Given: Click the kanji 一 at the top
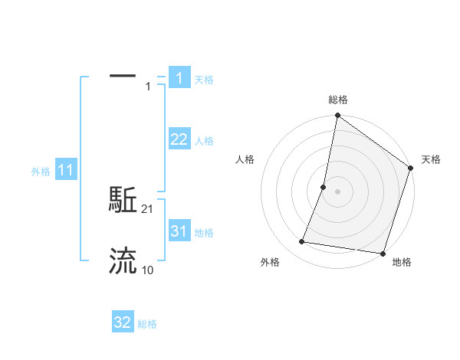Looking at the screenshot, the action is pyautogui.click(x=123, y=76).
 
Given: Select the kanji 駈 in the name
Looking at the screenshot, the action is pyautogui.click(x=123, y=201).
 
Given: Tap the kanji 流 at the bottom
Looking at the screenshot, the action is pyautogui.click(x=123, y=260).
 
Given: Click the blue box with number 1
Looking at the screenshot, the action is pyautogui.click(x=179, y=78).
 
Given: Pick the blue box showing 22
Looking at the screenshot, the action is pyautogui.click(x=179, y=139).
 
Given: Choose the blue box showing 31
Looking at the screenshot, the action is pyautogui.click(x=179, y=231).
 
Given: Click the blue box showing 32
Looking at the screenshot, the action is pyautogui.click(x=123, y=322).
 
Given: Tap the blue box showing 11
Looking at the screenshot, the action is pyautogui.click(x=65, y=170).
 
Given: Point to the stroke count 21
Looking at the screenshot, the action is pyautogui.click(x=148, y=209).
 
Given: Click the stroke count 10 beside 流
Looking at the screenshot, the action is pyautogui.click(x=148, y=270).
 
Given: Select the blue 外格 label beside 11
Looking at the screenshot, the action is pyautogui.click(x=41, y=172).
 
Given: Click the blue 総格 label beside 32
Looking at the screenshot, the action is pyautogui.click(x=147, y=324).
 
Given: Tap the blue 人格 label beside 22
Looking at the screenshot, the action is pyautogui.click(x=204, y=141).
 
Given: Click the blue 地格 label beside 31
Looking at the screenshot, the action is pyautogui.click(x=204, y=233).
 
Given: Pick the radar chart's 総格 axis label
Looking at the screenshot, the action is pyautogui.click(x=338, y=100).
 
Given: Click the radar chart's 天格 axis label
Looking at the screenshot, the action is pyautogui.click(x=431, y=159).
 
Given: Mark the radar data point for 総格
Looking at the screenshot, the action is pyautogui.click(x=337, y=116).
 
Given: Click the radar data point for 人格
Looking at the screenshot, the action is pyautogui.click(x=324, y=187).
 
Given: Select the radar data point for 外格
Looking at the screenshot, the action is pyautogui.click(x=302, y=242).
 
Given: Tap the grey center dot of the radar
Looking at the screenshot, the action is pyautogui.click(x=337, y=191).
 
